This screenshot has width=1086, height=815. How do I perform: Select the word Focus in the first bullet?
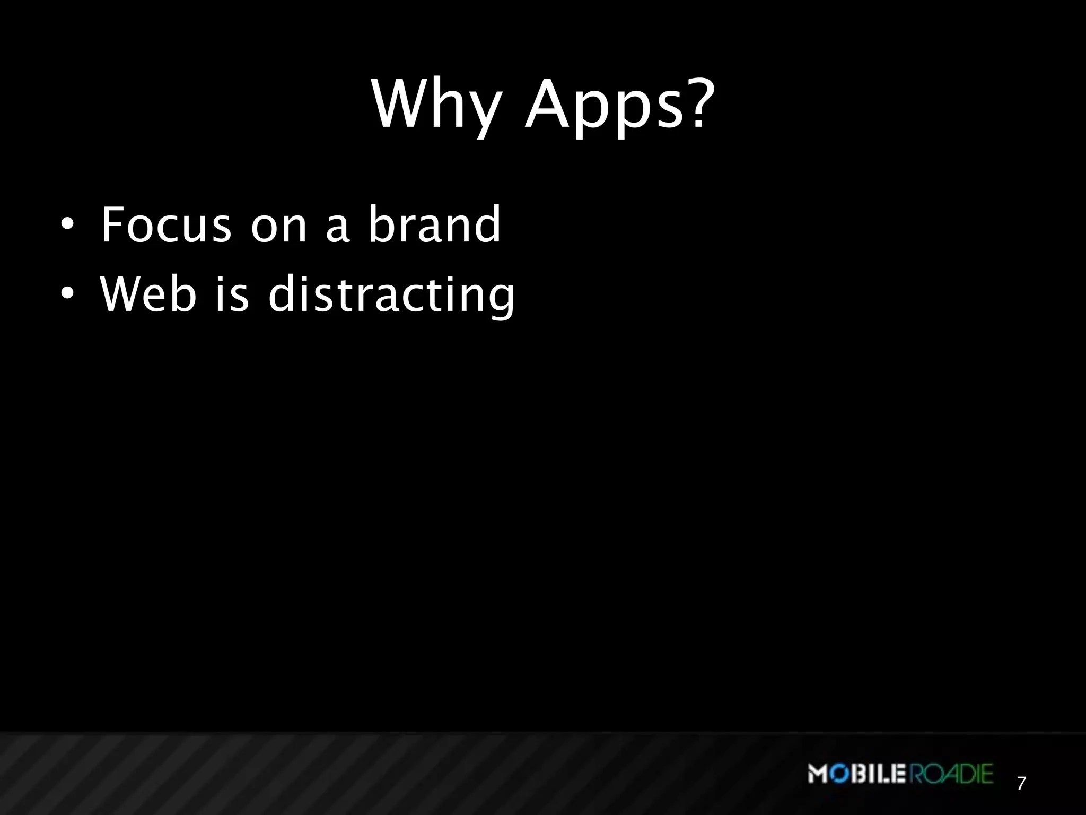coord(166,225)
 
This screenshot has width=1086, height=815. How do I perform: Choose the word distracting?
coord(391,295)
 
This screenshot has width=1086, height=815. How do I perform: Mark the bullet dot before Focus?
coord(66,225)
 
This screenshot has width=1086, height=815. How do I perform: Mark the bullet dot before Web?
coord(66,293)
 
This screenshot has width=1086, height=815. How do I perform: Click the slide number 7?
coord(1021,783)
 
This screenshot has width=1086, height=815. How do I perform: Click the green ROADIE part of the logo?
coord(952,774)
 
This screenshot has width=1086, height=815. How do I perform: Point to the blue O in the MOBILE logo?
coord(837,774)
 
